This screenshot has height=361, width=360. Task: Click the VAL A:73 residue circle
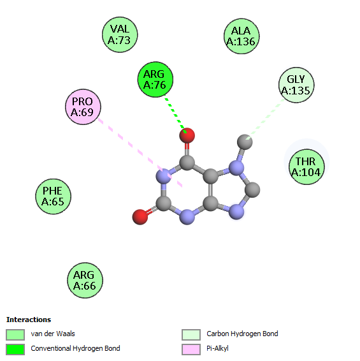click(120, 34)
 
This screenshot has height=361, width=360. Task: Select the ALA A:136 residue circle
click(241, 36)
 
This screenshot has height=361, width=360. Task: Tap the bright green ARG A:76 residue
click(155, 80)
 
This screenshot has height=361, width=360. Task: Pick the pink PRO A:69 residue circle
click(83, 107)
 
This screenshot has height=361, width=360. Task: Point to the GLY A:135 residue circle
click(296, 85)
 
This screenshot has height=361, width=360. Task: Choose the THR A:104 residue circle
click(306, 167)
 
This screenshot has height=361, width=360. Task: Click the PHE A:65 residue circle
click(53, 196)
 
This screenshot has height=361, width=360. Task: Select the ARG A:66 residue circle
click(85, 280)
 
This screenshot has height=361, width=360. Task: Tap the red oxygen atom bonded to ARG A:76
click(187, 135)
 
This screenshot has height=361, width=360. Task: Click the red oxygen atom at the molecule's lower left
click(140, 217)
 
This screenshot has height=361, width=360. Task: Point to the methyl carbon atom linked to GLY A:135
click(245, 142)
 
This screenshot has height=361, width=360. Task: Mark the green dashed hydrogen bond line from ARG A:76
click(175, 114)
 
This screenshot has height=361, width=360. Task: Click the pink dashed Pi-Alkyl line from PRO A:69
click(140, 152)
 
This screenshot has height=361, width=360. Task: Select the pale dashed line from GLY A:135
click(266, 119)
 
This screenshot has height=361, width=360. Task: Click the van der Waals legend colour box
click(15, 335)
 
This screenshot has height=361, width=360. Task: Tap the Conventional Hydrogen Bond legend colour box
click(15, 350)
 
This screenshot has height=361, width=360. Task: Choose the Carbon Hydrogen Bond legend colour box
click(191, 335)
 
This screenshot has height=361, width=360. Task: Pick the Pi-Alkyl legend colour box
click(191, 350)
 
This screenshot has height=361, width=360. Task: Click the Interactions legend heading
click(29, 320)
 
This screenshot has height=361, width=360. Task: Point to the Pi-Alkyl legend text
click(217, 349)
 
